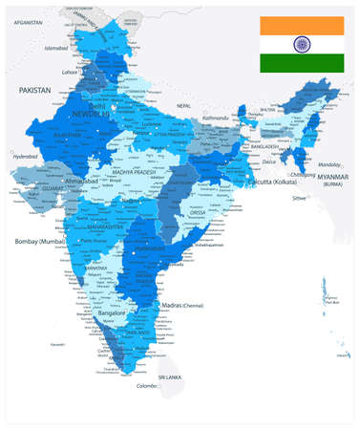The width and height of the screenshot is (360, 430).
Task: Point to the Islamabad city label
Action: coord(56,47)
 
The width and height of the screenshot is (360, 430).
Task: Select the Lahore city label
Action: coord(70,71)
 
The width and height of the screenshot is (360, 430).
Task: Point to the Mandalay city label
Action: coord(330,164)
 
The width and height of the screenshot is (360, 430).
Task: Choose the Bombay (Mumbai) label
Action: coord(39,242)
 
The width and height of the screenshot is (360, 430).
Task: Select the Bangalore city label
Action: coord(115,312)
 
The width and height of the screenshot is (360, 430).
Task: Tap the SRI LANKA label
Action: coord(170,378)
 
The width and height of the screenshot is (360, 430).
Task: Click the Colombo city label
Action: coord(145,385)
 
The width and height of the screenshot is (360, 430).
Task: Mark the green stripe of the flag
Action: coord(304,63)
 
